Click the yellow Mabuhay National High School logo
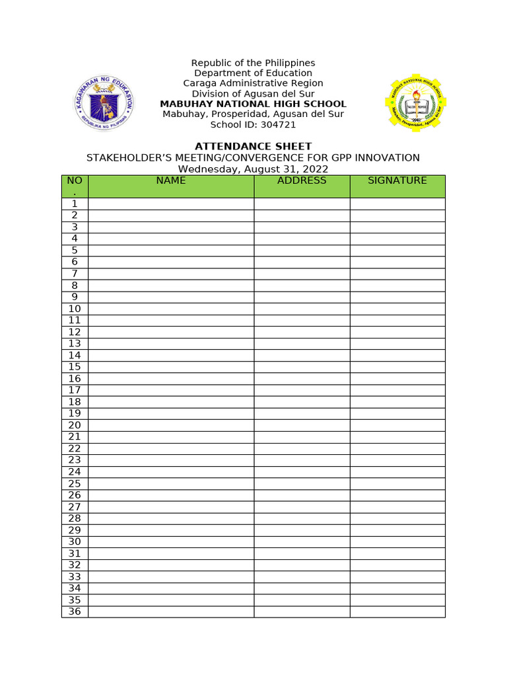(x=416, y=104)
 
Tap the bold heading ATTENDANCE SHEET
(x=253, y=146)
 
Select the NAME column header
(x=171, y=180)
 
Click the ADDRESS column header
(x=302, y=180)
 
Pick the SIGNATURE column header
(x=397, y=180)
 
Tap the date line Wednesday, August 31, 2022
(x=253, y=169)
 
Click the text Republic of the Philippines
(x=253, y=63)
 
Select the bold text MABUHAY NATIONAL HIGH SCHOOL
(x=253, y=104)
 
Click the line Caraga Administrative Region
(x=253, y=83)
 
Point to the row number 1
(x=75, y=204)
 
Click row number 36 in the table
(x=75, y=612)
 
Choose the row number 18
(x=75, y=402)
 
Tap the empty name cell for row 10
(x=171, y=309)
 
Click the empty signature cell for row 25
(x=397, y=483)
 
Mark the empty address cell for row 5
(x=302, y=251)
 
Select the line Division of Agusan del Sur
(x=253, y=94)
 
